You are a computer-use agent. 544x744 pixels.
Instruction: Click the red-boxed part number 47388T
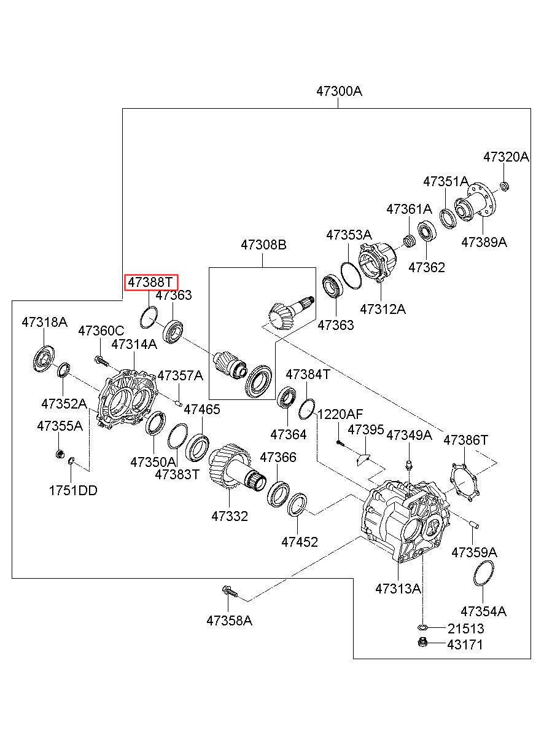[150, 283]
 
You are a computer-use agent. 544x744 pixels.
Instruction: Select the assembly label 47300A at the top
[339, 91]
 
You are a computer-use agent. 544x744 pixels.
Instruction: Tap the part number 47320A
[506, 157]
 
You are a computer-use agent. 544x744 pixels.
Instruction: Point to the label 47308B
[263, 245]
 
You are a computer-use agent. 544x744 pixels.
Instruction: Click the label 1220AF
[340, 414]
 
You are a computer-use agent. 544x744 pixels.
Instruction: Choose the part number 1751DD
[73, 491]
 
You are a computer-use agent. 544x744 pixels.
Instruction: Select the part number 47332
[230, 516]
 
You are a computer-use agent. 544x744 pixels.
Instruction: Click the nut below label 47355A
[60, 453]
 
